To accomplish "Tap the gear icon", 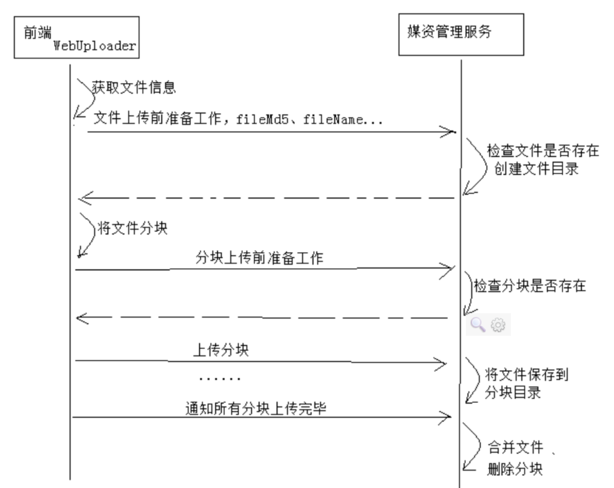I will tap(497, 325).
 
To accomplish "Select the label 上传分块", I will tap(220, 350).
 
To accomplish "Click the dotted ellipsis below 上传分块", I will tap(220, 380).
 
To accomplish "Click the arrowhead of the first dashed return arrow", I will tap(83, 197).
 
